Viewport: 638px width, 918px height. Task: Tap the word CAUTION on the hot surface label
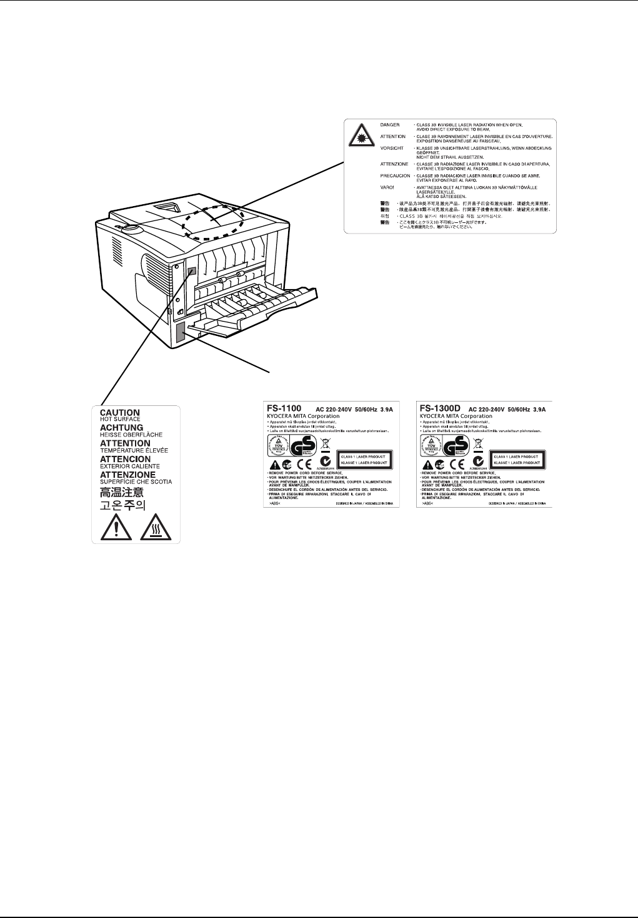point(120,413)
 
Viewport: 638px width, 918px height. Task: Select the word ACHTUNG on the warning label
point(122,428)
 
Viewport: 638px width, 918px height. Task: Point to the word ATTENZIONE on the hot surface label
point(127,475)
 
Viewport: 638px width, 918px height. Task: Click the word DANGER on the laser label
point(389,125)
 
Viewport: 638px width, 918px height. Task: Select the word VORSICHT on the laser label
point(391,148)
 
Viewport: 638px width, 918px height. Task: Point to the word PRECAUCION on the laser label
point(394,175)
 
